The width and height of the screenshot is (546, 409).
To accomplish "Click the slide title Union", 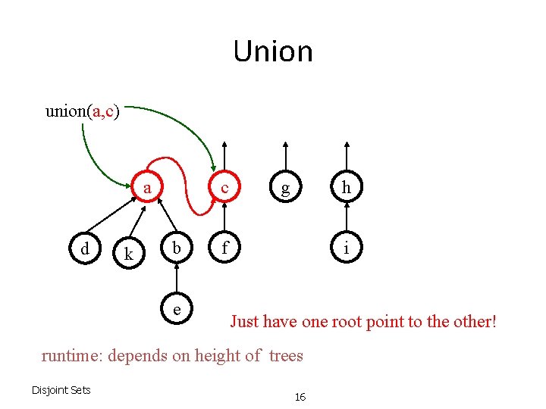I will point(273,52).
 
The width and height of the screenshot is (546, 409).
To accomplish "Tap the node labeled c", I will point(224,188).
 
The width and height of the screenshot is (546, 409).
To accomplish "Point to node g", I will point(285,189).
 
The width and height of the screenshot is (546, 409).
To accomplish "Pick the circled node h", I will point(347,188).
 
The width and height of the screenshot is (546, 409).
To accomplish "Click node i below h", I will point(347,248).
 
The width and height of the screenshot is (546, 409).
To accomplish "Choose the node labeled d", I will point(85,248).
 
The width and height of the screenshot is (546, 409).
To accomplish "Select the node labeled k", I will point(128,254).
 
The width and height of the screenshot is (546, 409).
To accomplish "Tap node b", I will point(176,248).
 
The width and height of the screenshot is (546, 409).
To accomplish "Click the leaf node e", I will point(176,309).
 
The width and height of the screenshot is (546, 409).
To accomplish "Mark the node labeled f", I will point(224,248).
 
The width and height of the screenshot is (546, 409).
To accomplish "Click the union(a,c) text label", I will point(80,111).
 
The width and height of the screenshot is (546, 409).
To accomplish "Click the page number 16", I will point(300,397).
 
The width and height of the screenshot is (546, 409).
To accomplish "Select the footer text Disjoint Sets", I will point(61,390).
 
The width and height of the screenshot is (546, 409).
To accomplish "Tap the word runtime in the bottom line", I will point(72,355).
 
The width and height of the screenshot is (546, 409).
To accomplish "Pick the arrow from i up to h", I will point(347,218).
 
